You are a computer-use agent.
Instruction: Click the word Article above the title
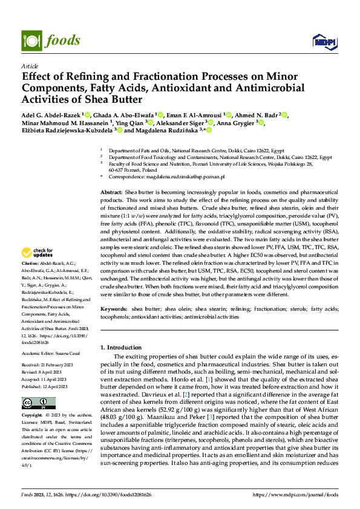click(30, 66)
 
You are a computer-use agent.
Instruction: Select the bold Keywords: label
click(113, 309)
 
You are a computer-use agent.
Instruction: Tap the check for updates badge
click(38, 253)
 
